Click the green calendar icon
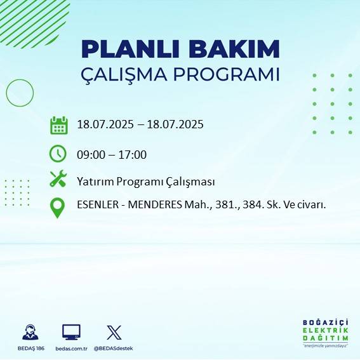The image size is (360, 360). (x=58, y=125)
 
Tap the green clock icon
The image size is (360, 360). (x=58, y=154)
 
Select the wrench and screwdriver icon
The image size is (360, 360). (x=58, y=179)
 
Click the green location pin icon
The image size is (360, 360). (x=58, y=208)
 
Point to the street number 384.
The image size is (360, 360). (x=246, y=205)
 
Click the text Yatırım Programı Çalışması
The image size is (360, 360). (x=145, y=182)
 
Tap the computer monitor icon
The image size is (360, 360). (x=71, y=331)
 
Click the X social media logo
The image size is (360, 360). (x=114, y=331)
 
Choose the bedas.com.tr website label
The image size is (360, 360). (x=70, y=349)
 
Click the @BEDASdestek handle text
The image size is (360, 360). (x=114, y=349)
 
